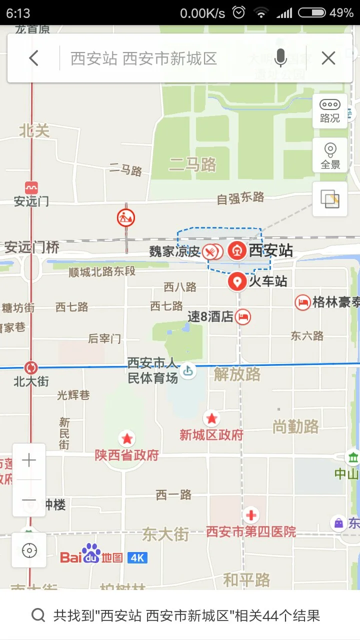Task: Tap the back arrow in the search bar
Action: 33,58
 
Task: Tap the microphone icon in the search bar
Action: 280,58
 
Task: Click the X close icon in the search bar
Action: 328,58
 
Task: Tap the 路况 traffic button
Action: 330,111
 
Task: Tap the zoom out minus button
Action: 29,500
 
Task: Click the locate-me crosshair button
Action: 29,550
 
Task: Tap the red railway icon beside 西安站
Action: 237,250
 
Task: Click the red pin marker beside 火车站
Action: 236,281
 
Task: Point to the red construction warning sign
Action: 126,217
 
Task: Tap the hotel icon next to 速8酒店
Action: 243,316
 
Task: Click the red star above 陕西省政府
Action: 127,439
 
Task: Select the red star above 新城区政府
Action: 211,418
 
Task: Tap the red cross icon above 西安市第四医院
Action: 250,515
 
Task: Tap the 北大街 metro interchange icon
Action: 31,368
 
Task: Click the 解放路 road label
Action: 237,374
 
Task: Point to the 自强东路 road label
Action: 240,198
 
